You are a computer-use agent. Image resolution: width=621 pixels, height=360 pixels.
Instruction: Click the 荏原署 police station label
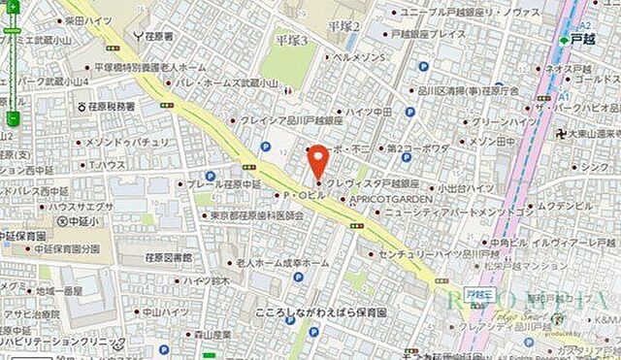coord(156,36)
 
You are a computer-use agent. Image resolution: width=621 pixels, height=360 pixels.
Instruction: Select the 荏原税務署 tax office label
coord(111,105)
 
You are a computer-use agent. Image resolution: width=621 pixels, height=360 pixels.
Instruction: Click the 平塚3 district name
coord(291,41)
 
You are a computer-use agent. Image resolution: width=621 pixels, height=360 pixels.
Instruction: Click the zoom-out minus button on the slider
coord(13,118)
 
